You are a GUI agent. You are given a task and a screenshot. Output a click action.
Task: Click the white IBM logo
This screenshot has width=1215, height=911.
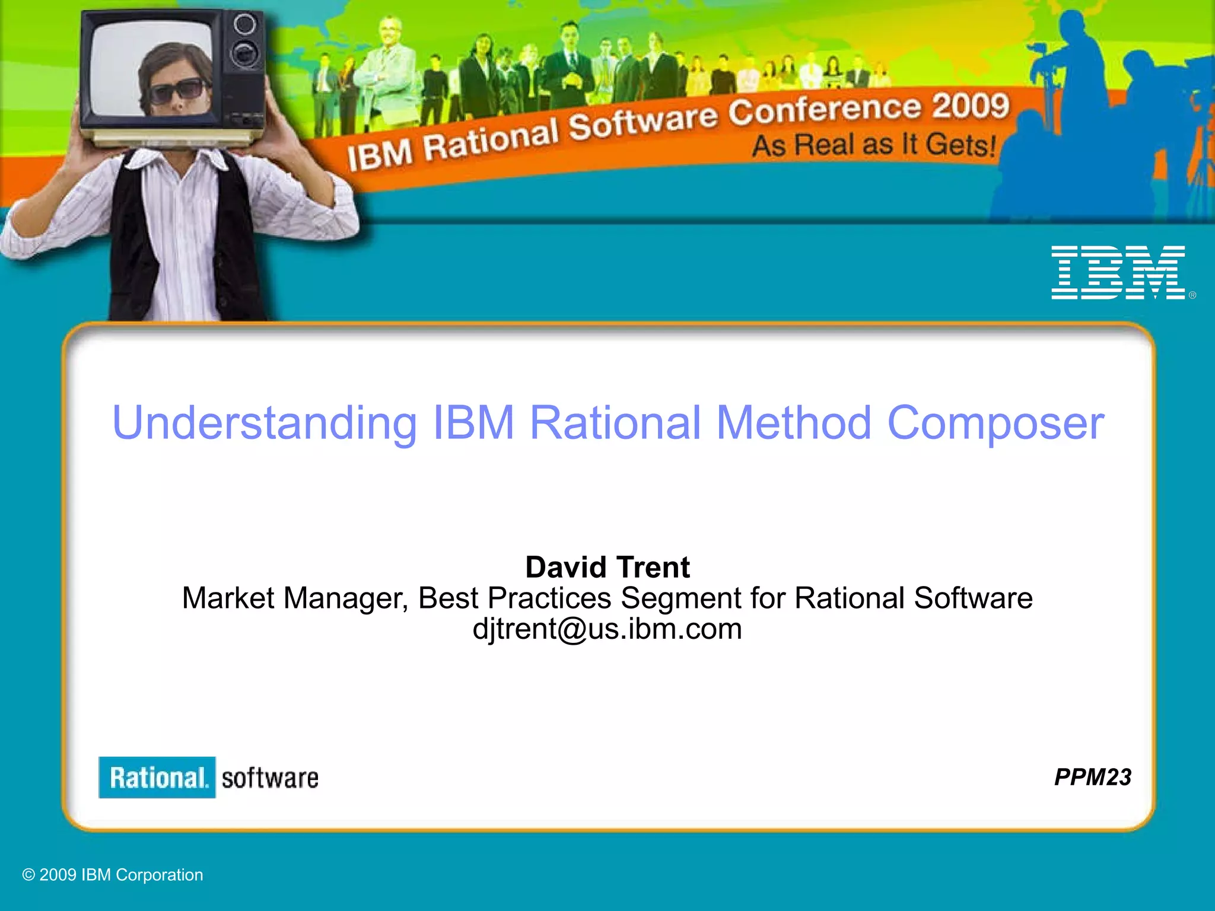(1118, 272)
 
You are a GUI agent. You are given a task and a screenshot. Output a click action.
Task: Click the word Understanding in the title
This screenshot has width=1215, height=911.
(265, 423)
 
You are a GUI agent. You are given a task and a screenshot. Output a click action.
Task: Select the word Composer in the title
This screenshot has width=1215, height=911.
(995, 423)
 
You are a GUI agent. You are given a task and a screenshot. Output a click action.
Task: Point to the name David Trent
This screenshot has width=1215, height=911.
(607, 567)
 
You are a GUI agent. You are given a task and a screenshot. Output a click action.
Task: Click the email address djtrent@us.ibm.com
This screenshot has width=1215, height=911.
(607, 629)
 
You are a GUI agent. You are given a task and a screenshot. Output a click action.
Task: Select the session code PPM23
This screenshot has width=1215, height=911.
(1092, 777)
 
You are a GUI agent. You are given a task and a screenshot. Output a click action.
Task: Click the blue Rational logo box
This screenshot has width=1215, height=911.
(157, 778)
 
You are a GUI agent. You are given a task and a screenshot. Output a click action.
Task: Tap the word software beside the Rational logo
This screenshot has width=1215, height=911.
(270, 778)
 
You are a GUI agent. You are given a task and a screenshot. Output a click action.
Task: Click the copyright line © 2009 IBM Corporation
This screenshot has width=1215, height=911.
(113, 875)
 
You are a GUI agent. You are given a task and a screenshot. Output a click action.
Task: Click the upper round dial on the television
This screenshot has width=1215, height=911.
(244, 24)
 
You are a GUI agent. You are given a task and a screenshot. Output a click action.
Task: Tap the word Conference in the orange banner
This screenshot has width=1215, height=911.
(825, 110)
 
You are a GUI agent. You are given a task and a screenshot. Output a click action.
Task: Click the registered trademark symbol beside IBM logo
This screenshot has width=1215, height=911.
(1192, 295)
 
